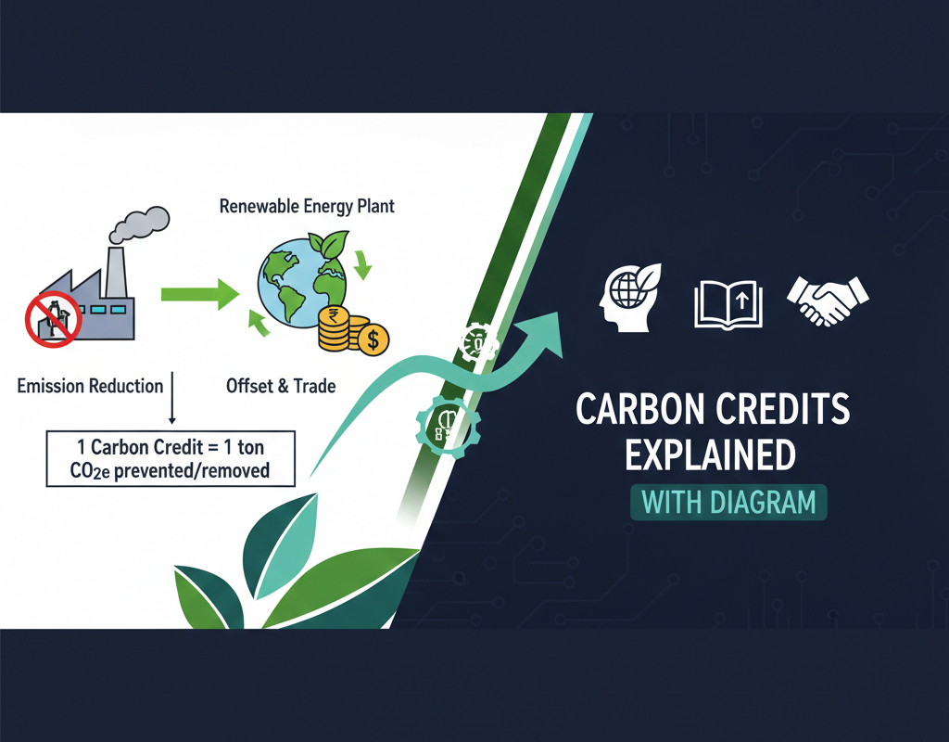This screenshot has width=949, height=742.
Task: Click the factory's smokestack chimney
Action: pos(116,270)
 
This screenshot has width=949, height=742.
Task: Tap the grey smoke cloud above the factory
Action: pos(141,224)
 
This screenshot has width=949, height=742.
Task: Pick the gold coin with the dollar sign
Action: pos(373,339)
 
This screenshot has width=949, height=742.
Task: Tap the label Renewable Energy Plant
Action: pos(307,205)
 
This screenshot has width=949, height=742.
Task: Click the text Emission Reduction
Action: pos(90,386)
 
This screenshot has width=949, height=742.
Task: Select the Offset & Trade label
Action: pos(281,386)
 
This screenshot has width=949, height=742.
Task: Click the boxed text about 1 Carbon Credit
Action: pos(170,458)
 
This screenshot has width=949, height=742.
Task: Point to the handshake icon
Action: pos(827,299)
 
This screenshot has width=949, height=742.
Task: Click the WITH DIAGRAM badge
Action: pos(728,503)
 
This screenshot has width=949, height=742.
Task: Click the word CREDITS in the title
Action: pos(791,412)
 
